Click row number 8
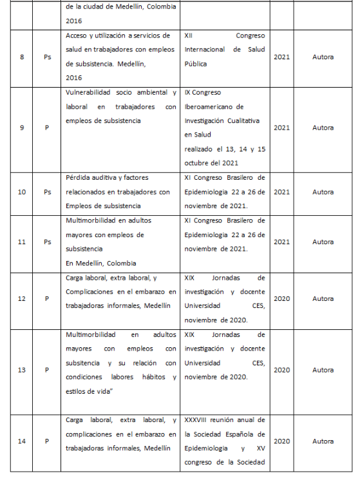click(x=22, y=57)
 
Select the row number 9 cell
click(x=22, y=128)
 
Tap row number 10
click(x=22, y=192)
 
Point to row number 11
click(x=22, y=242)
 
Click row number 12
click(x=22, y=299)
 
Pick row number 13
click(x=22, y=370)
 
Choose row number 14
click(x=22, y=441)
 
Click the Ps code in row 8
click(x=47, y=57)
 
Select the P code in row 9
click(x=47, y=128)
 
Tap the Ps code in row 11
click(x=47, y=242)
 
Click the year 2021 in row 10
click(x=281, y=192)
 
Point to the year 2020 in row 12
click(x=281, y=299)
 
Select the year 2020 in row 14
click(x=281, y=441)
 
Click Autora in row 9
click(x=323, y=128)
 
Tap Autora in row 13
click(x=323, y=370)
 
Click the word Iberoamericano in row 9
click(x=214, y=107)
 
